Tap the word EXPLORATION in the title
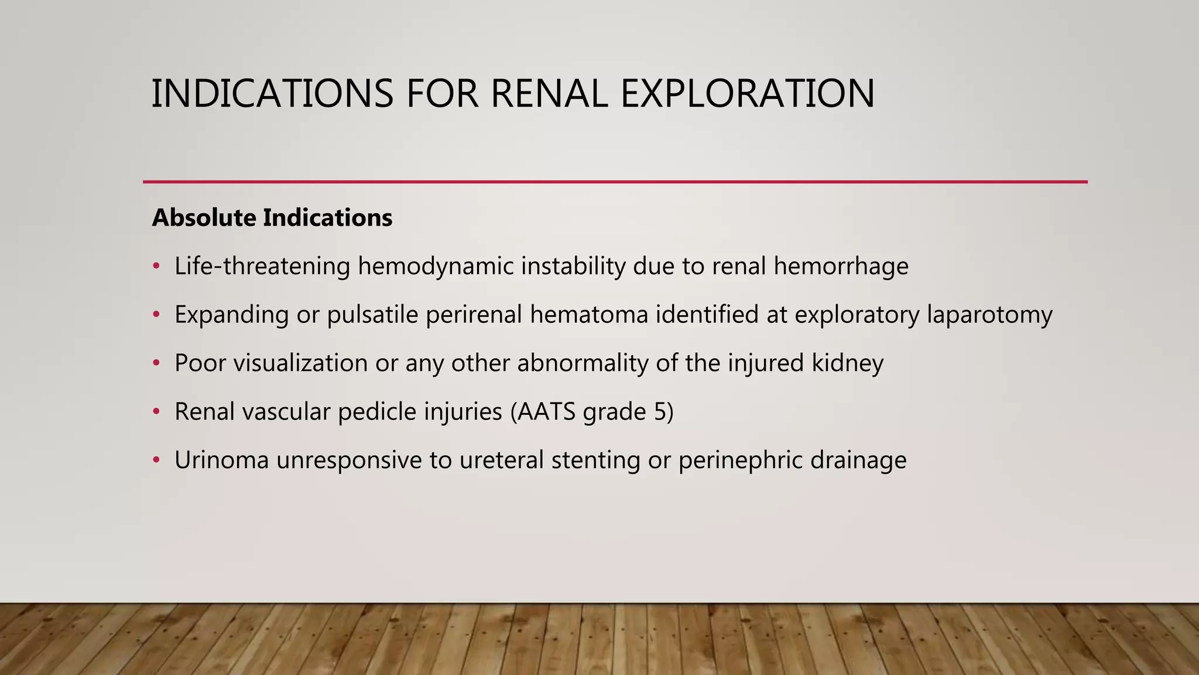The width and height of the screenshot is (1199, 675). pos(747,94)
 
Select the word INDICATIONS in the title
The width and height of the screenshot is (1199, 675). pos(272,94)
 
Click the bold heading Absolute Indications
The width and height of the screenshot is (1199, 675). pos(272,218)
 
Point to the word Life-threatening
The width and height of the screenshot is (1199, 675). pos(262,267)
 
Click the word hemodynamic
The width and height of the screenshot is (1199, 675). pos(436,267)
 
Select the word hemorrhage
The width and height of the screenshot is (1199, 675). pos(841,267)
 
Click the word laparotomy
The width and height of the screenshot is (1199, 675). pos(989,315)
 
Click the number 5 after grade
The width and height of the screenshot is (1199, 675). pos(659,412)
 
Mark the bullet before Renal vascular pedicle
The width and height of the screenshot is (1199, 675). pos(156,412)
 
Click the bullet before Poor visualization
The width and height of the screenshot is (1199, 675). pos(156,363)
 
